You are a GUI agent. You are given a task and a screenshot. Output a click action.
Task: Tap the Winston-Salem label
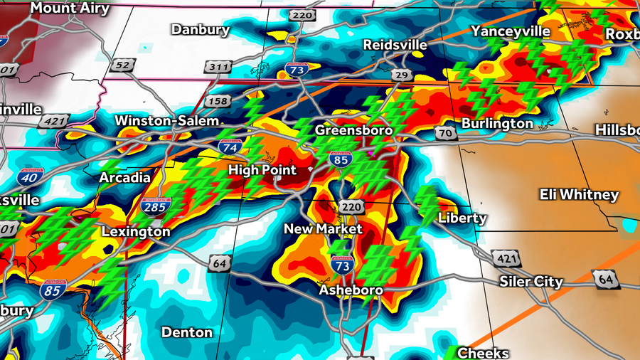pos(167,121)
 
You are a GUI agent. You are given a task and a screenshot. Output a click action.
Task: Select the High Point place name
pos(262,171)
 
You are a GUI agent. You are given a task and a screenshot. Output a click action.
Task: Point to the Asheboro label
pos(351,290)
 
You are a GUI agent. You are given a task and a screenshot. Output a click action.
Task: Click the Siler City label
pos(531,282)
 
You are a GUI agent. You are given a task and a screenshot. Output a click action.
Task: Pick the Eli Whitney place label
pos(579,195)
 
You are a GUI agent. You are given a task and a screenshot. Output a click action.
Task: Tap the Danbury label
pos(201,30)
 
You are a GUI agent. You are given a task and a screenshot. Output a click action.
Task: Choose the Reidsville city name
pos(395,45)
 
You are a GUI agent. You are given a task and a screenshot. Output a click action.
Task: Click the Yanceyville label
pos(511,31)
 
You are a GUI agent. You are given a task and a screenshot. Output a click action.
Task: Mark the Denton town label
pos(187,332)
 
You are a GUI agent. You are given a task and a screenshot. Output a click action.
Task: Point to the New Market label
pos(323,229)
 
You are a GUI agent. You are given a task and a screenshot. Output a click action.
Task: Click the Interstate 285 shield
pos(156,207)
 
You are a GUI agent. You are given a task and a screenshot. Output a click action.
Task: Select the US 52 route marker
pos(122,65)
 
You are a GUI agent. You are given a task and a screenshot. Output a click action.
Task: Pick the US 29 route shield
pos(400,75)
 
